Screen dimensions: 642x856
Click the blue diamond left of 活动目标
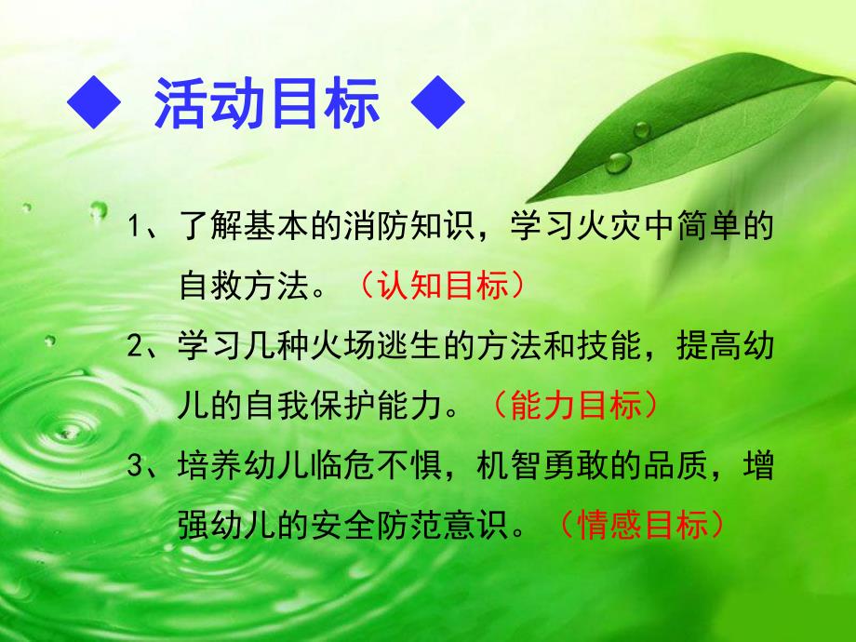(94, 106)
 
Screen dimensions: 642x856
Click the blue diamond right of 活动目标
(436, 106)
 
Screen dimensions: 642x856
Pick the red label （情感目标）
(642, 527)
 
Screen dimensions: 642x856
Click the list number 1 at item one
(136, 227)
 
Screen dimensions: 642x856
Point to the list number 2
(136, 347)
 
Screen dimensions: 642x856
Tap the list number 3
(136, 468)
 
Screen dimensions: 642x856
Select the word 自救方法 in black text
(243, 286)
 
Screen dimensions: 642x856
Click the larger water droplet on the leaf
(617, 162)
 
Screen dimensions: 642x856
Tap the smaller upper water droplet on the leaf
(642, 128)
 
